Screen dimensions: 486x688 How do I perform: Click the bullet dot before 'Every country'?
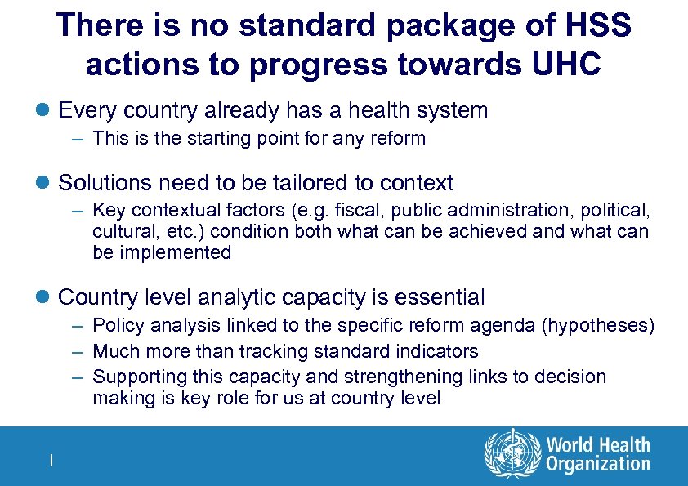[45, 110]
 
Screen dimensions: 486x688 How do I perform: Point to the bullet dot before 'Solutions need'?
[45, 182]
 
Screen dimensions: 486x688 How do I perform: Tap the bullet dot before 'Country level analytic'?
[45, 297]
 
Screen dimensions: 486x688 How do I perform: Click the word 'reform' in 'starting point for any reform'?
[400, 138]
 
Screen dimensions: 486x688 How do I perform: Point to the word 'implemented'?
[174, 252]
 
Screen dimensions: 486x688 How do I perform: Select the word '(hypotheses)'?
[598, 325]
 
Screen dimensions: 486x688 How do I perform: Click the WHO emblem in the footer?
[512, 454]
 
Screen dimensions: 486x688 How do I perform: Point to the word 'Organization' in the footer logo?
[598, 465]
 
